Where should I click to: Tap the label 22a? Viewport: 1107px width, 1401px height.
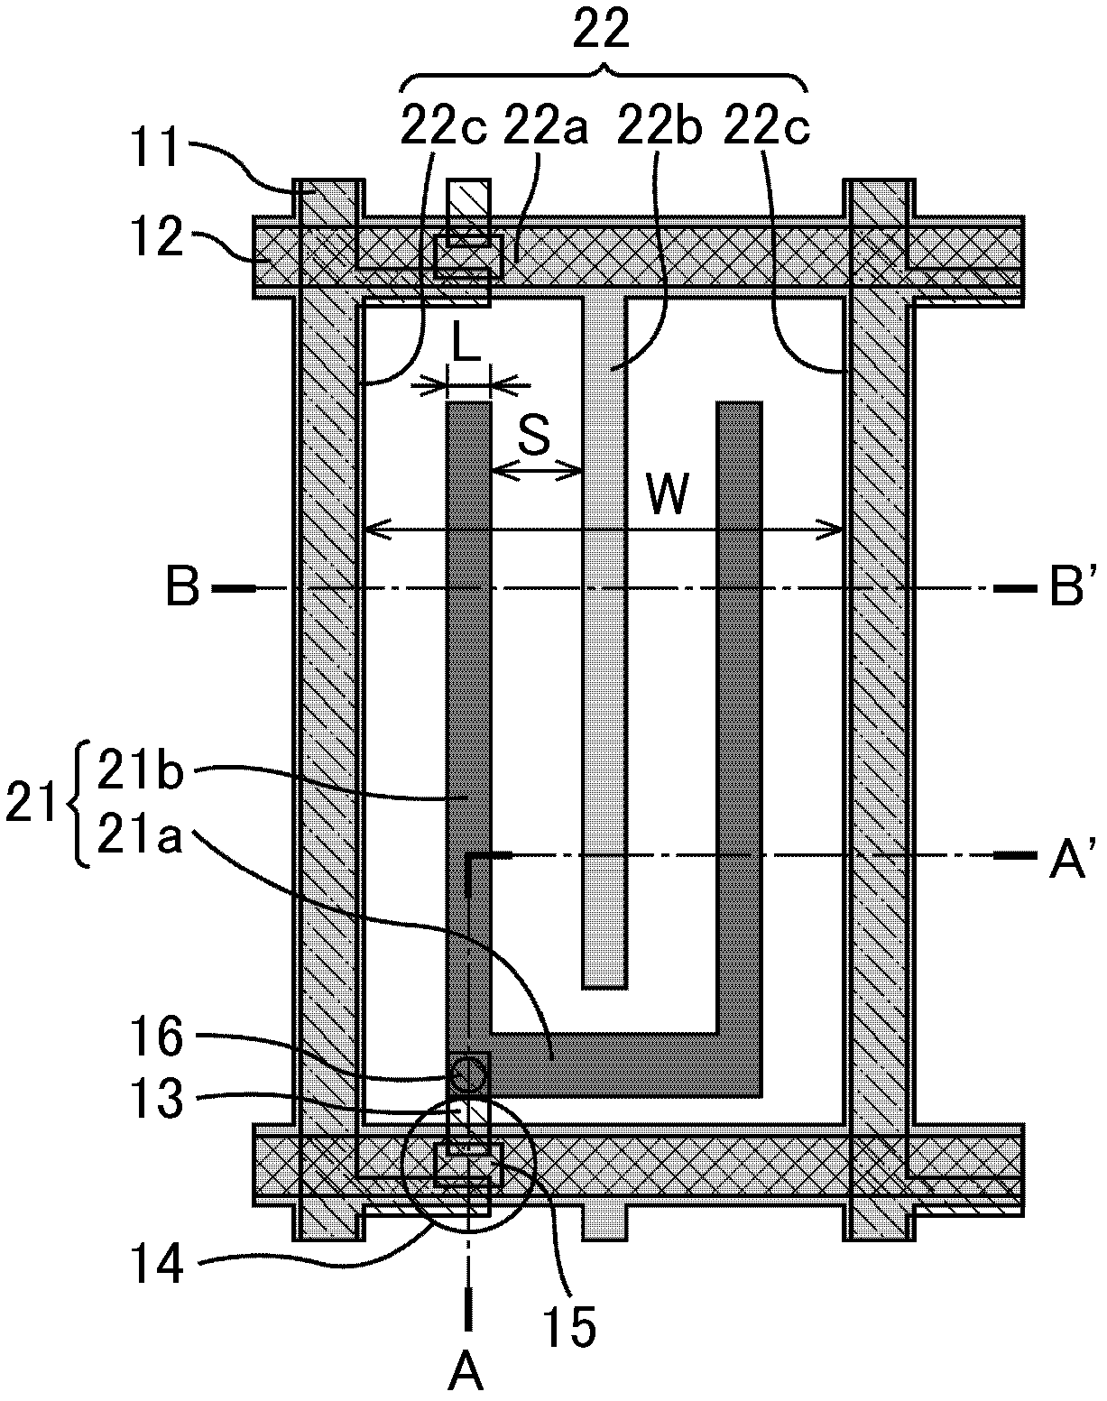546,128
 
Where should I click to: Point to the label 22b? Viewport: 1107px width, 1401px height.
660,128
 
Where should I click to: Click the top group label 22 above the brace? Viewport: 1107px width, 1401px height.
602,28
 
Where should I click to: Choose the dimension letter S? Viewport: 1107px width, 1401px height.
535,436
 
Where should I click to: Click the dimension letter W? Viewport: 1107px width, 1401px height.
668,494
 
